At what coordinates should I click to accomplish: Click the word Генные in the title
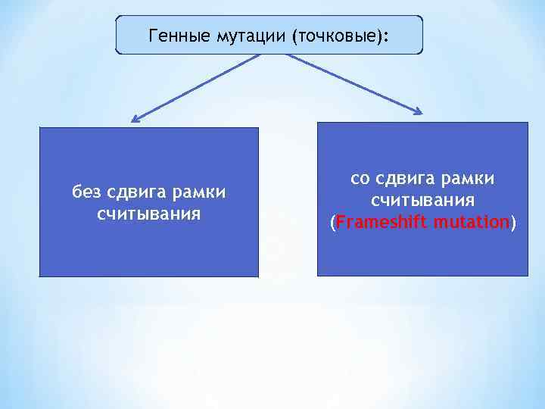tap(173, 36)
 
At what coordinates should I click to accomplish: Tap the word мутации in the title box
tap(241, 36)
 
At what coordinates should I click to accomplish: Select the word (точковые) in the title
tap(333, 36)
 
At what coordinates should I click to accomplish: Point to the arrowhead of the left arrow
tap(134, 119)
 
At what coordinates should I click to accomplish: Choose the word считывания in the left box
tap(148, 213)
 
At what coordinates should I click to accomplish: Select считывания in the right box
tap(422, 201)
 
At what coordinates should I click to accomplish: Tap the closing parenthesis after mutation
tap(513, 223)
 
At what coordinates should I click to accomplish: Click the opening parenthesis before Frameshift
tap(332, 223)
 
